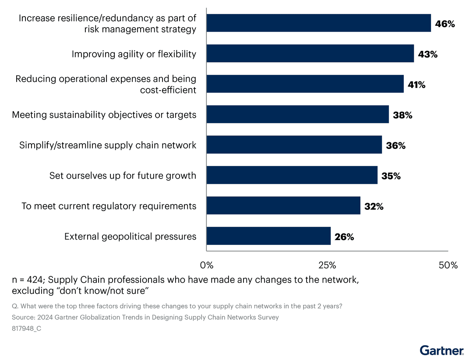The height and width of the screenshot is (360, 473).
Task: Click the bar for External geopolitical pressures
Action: point(268,236)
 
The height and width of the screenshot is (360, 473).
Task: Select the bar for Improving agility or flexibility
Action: point(310,53)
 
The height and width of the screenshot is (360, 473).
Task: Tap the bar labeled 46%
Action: point(318,23)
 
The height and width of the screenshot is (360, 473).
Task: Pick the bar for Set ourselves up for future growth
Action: point(292,175)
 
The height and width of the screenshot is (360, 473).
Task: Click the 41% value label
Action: point(417,85)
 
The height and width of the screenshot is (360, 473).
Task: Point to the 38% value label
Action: point(402,115)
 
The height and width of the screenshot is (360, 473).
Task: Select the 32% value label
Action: point(374,206)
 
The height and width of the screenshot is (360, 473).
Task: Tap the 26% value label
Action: point(344,237)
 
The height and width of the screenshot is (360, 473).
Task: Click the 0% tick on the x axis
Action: point(206,265)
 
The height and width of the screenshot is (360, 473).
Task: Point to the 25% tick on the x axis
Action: point(327,265)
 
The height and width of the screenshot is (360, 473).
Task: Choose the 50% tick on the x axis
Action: point(448,265)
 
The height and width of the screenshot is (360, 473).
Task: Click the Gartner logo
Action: point(441,350)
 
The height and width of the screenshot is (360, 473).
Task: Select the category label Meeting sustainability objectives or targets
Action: point(104,115)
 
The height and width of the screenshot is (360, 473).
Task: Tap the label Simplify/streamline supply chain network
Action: point(108,145)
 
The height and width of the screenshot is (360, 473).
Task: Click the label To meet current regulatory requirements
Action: point(109,206)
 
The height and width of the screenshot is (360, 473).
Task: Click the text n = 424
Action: point(27,280)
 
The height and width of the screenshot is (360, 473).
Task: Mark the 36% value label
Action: point(395,145)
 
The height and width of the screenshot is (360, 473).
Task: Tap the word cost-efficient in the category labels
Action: point(168,90)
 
